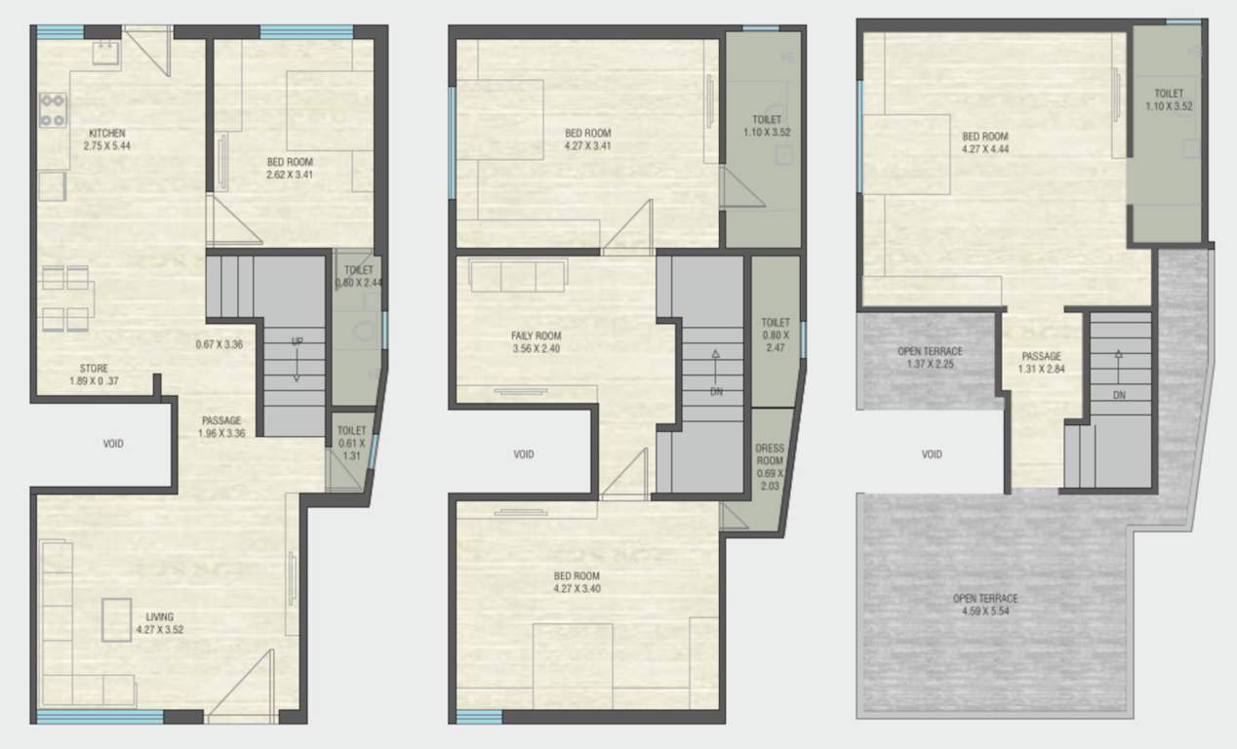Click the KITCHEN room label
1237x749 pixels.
click(107, 133)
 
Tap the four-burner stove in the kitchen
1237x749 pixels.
click(53, 110)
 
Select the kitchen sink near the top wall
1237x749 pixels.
click(105, 52)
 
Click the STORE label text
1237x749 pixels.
click(94, 368)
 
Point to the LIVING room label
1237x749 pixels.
click(160, 616)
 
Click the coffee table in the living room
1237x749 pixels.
click(116, 620)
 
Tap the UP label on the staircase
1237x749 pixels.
click(297, 341)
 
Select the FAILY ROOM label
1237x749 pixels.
click(537, 336)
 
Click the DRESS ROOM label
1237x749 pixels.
click(770, 454)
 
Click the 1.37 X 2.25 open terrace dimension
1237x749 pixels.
click(930, 365)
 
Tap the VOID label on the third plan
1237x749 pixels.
click(932, 454)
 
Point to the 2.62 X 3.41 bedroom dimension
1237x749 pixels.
click(292, 176)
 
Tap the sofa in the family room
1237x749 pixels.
click(516, 275)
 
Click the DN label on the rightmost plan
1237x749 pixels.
click(1118, 395)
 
